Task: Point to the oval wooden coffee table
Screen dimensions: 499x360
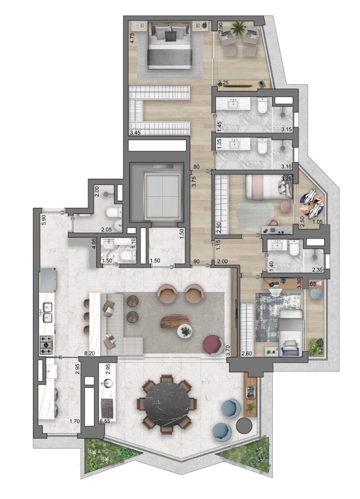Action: tap(175, 322)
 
